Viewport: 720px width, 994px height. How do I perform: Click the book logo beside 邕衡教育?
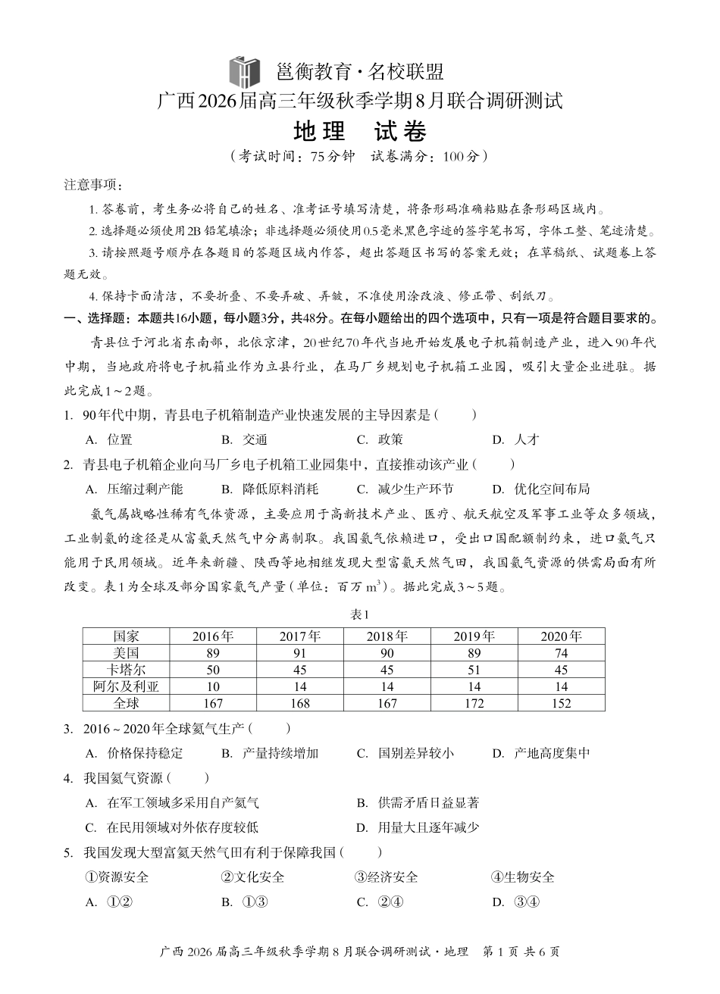point(245,72)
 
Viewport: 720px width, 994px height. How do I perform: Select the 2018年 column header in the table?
point(387,636)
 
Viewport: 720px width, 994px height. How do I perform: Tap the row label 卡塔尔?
point(126,670)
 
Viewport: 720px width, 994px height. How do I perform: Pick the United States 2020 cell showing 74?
point(561,653)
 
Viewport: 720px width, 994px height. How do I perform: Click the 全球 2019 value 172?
point(474,704)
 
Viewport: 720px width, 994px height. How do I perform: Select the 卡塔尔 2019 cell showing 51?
point(474,670)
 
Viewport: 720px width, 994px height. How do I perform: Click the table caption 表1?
point(359,615)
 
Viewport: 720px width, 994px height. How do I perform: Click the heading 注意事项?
point(92,185)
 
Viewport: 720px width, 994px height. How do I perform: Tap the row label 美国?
point(126,653)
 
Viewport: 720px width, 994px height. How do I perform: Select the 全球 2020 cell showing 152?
point(561,704)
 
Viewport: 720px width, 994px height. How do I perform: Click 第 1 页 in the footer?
point(498,952)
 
